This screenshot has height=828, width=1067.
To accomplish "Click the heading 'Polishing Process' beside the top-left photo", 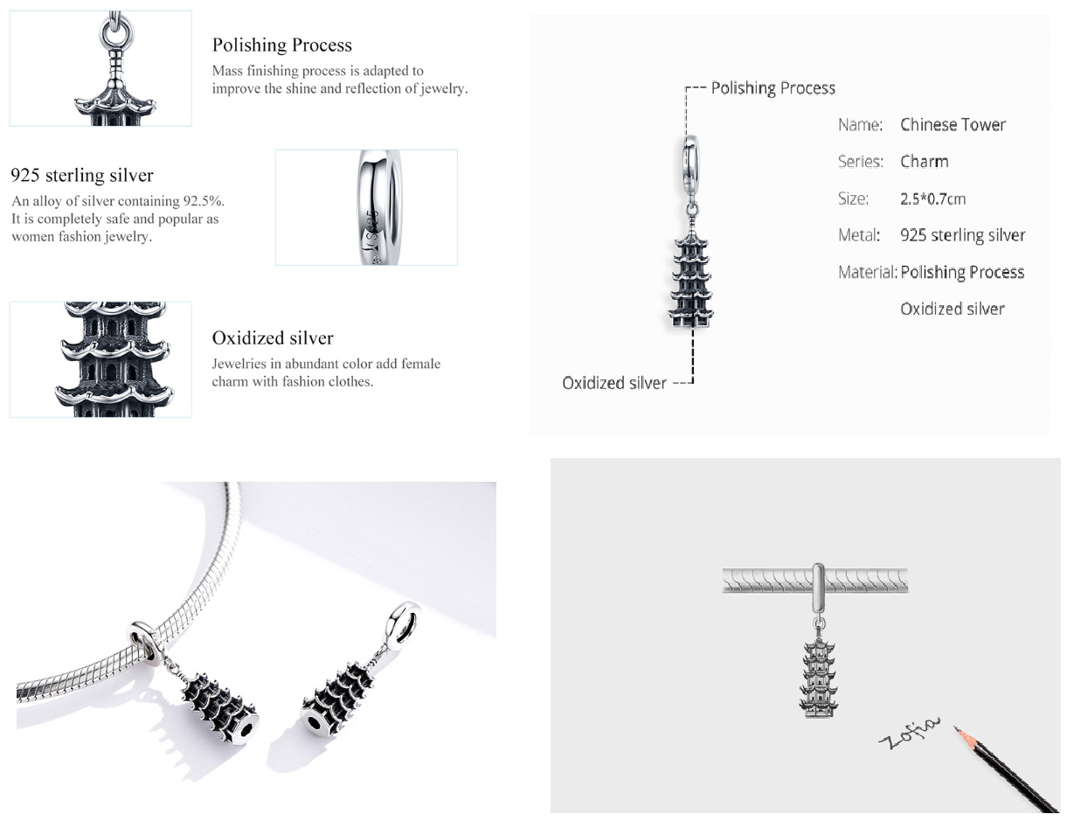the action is [x=282, y=45].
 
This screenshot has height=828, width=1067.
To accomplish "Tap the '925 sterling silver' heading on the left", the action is [x=82, y=176].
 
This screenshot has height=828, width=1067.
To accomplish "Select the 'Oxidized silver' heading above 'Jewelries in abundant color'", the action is [x=273, y=337].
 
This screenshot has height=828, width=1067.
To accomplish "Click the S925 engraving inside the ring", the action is [x=373, y=227].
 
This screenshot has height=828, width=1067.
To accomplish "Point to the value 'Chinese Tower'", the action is [x=953, y=125].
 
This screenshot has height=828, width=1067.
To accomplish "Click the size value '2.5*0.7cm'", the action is [x=932, y=198].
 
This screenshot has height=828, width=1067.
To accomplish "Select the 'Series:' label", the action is [x=860, y=162].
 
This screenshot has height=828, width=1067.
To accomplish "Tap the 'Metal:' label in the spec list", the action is [x=859, y=235].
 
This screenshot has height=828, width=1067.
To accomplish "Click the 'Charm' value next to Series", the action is [x=924, y=162].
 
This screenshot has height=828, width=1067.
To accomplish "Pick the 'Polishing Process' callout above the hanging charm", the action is [x=773, y=88].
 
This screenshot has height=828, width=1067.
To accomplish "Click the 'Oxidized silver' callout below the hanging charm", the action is [x=613, y=383].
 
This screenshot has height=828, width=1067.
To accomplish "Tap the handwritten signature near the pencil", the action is [x=910, y=733].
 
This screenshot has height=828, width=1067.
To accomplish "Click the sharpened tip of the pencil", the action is [x=955, y=727].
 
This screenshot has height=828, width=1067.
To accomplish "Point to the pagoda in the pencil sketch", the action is [x=818, y=678].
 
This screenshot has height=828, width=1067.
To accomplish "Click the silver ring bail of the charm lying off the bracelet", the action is [x=403, y=622].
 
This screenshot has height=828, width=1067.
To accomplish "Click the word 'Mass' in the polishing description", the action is [x=227, y=71].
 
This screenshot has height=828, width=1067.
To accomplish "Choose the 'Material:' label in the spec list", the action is [x=867, y=272].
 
